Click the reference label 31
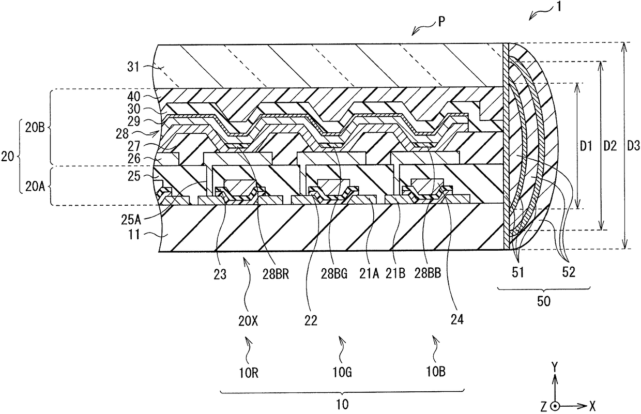[133, 67]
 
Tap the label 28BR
[276, 274]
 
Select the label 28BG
[334, 274]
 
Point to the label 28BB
[428, 274]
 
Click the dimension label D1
[586, 146]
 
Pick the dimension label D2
[610, 146]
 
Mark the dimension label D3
[633, 146]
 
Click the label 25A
[131, 220]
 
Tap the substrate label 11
[134, 235]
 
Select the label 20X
[248, 322]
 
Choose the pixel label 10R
[249, 373]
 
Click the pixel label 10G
[342, 373]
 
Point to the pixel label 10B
[436, 372]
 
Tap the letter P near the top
[442, 22]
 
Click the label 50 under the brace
[544, 301]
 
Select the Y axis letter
[555, 366]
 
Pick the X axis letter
[592, 405]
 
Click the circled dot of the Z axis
[555, 406]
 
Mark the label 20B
[35, 128]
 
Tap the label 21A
[369, 274]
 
